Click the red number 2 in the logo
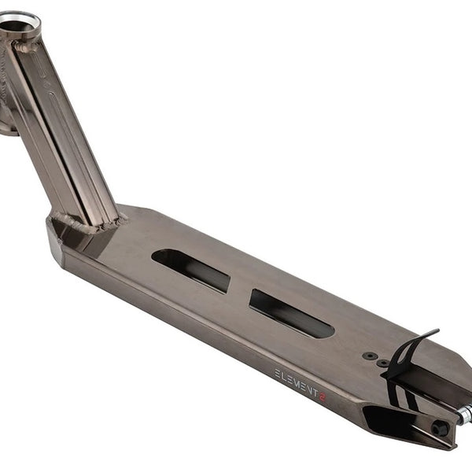click(322, 396)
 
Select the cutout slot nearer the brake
click(291, 313)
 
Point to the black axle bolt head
click(437, 427)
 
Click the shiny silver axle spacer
click(464, 413)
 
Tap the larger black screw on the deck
click(370, 356)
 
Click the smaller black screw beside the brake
click(383, 363)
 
